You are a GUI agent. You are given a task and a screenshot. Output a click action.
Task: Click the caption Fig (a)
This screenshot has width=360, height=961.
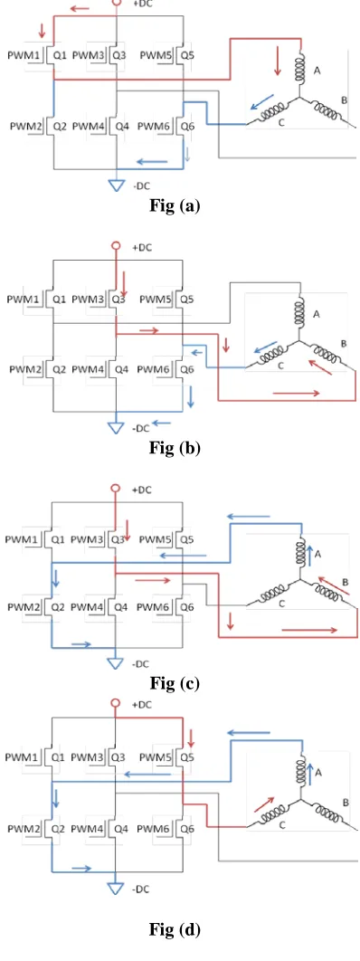(175, 206)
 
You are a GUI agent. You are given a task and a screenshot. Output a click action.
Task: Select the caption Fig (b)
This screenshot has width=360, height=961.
(175, 448)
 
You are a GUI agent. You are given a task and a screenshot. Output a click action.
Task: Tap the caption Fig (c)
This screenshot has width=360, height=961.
(175, 683)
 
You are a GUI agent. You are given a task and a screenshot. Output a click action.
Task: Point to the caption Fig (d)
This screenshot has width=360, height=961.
(175, 930)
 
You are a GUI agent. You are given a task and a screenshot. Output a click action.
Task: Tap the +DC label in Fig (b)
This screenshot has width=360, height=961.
(142, 248)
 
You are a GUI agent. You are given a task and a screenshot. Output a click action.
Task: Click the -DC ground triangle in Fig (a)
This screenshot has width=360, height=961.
(117, 185)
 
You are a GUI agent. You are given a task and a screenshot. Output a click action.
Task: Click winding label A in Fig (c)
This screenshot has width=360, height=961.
(318, 555)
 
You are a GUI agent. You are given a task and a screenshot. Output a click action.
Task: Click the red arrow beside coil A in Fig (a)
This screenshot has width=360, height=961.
(278, 63)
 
